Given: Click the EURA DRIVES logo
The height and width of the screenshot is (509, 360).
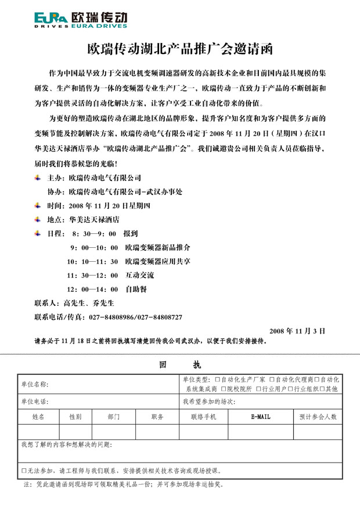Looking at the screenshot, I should point(81,20).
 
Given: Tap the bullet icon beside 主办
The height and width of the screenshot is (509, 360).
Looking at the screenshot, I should point(38,178).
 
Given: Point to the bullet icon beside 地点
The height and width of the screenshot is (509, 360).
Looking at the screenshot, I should point(38,220).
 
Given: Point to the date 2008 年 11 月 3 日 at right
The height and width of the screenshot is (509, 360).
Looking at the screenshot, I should point(297,330).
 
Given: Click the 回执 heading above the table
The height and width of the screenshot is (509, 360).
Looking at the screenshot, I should point(179,365).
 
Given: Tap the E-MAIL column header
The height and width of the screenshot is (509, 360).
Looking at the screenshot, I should point(260,417).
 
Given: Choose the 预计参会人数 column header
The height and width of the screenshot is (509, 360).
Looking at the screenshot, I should point(318,417).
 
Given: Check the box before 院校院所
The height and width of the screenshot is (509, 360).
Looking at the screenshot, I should point(222,389).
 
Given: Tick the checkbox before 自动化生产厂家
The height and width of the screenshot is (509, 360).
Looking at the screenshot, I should point(217,379).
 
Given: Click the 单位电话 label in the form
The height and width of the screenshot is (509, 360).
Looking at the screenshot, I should point(34,402).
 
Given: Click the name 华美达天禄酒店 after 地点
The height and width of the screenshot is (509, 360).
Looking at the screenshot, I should point(94,220).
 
